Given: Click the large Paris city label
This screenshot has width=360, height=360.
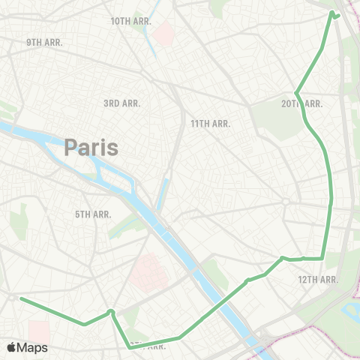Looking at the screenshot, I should pyautogui.click(x=91, y=146).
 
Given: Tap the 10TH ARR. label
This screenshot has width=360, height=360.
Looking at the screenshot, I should pyautogui.click(x=131, y=21).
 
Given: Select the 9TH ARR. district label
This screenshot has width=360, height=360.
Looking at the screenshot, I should pyautogui.click(x=44, y=43).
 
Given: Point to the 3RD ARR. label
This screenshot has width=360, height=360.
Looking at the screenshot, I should pyautogui.click(x=122, y=103).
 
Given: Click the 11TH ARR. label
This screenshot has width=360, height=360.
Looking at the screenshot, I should pyautogui.click(x=210, y=123).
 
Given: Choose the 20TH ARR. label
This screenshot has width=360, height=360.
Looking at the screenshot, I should pyautogui.click(x=302, y=103).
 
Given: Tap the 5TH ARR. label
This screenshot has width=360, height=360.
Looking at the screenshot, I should pyautogui.click(x=93, y=214).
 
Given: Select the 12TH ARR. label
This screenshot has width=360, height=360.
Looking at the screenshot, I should pyautogui.click(x=318, y=279).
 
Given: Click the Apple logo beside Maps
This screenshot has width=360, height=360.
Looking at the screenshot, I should pyautogui.click(x=12, y=347).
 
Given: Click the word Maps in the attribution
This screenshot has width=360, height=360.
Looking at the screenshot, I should pyautogui.click(x=33, y=347).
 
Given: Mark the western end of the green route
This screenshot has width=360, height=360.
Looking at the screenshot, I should pyautogui.click(x=20, y=298).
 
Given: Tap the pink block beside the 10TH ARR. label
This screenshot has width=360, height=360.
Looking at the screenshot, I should pyautogui.click(x=164, y=31).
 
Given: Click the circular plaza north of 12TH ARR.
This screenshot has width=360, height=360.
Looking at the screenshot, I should pyautogui.click(x=286, y=201).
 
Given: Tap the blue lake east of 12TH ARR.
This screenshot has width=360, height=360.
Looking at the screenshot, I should pyautogui.click(x=352, y=310).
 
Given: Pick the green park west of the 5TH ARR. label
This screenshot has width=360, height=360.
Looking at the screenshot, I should pyautogui.click(x=22, y=217).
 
